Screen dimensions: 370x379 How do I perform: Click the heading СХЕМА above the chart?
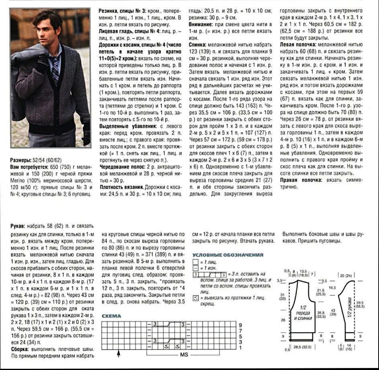[112, 316]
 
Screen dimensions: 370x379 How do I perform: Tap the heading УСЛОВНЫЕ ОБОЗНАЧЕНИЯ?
[228, 255]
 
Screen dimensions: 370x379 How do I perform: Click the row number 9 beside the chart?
[240, 325]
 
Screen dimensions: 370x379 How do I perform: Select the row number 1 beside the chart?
[240, 347]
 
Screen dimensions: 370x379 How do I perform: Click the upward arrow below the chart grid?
[119, 354]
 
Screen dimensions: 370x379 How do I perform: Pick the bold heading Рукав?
[18, 226]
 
